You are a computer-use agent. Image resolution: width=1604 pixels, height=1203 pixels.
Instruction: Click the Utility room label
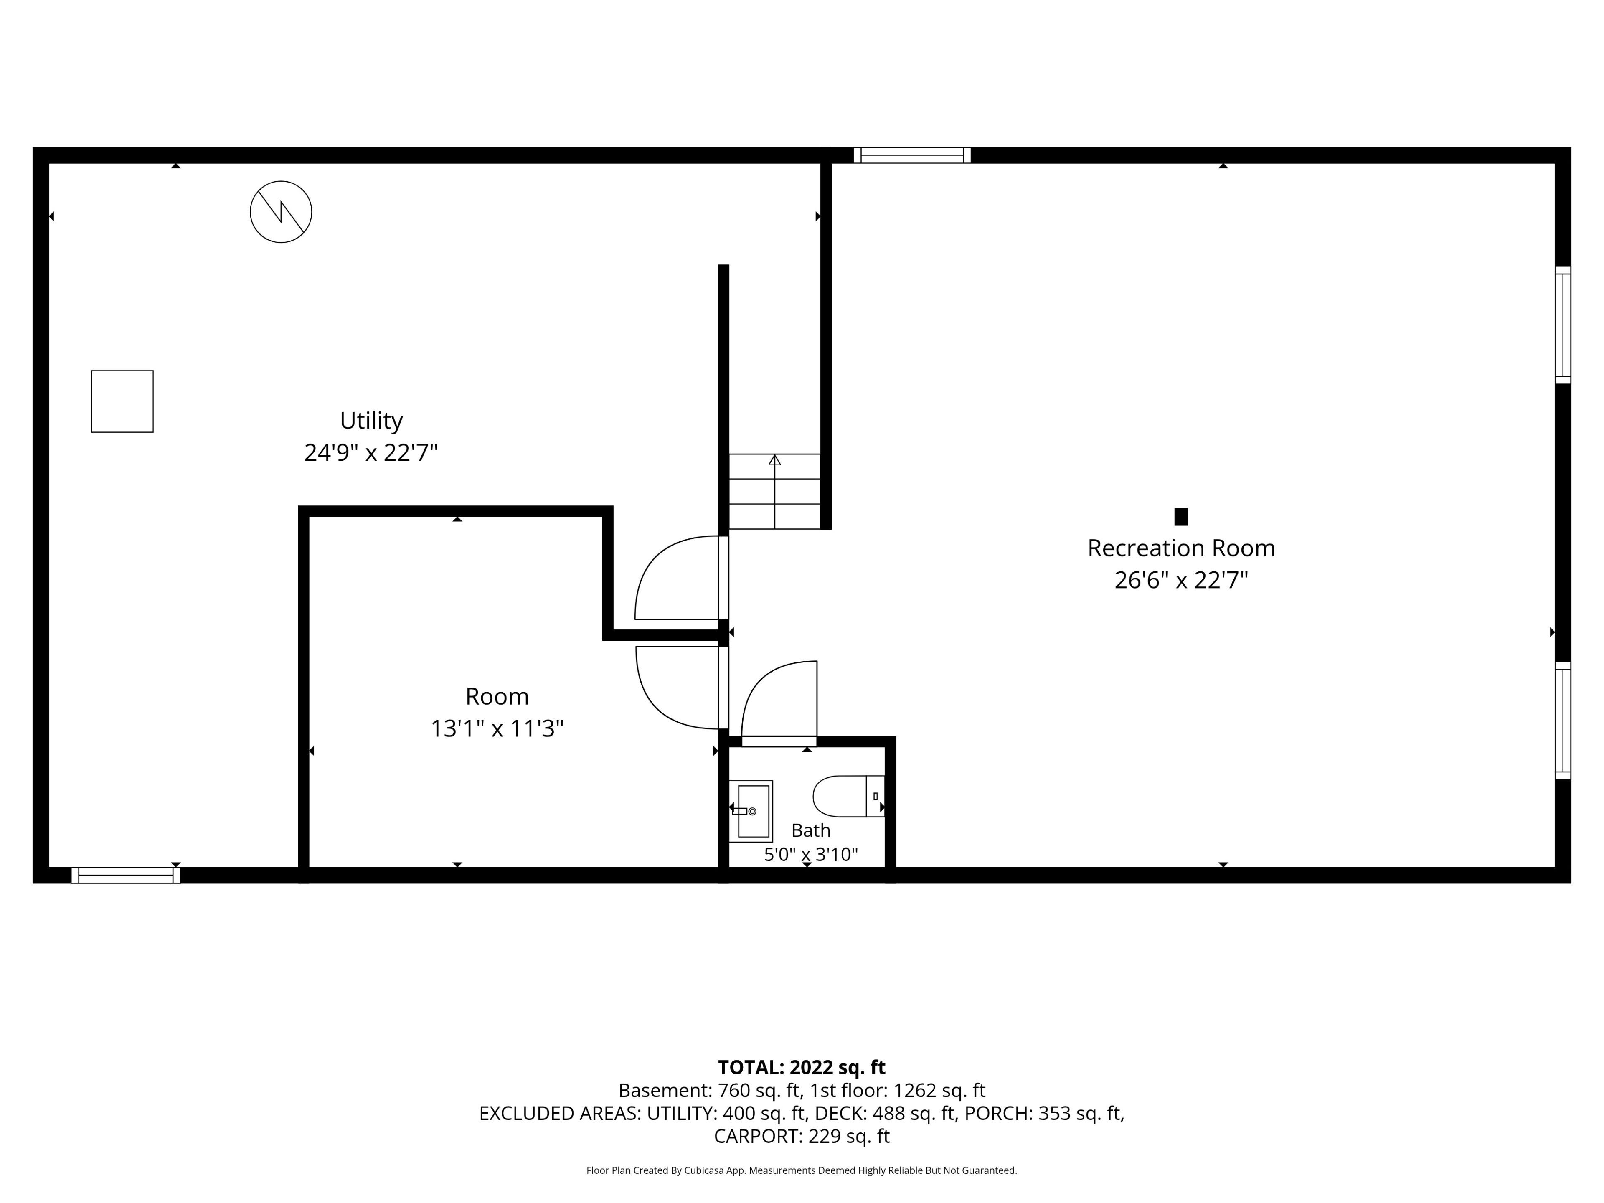[371, 421]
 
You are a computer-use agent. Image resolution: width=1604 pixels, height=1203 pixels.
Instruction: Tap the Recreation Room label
[1181, 548]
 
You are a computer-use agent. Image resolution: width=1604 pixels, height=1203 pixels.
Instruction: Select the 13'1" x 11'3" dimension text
[497, 728]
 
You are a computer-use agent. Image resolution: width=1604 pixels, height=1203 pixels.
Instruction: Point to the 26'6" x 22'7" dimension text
[1181, 580]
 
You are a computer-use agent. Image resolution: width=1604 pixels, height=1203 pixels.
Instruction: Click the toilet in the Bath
[848, 796]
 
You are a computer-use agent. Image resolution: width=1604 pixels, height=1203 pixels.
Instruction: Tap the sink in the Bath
[751, 811]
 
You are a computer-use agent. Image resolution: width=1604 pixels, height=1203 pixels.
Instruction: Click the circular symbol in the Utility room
[282, 212]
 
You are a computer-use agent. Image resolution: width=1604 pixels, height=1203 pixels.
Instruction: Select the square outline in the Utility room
[122, 402]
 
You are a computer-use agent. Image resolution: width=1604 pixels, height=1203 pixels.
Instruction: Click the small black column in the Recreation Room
[1181, 516]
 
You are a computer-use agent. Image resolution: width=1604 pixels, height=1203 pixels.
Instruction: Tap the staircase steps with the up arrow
[774, 491]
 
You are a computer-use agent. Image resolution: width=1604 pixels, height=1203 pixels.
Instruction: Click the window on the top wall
[912, 155]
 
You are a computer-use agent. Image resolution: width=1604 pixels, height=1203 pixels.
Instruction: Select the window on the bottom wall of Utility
[126, 875]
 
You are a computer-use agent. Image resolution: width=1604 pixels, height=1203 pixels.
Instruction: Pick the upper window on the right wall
[1563, 325]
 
